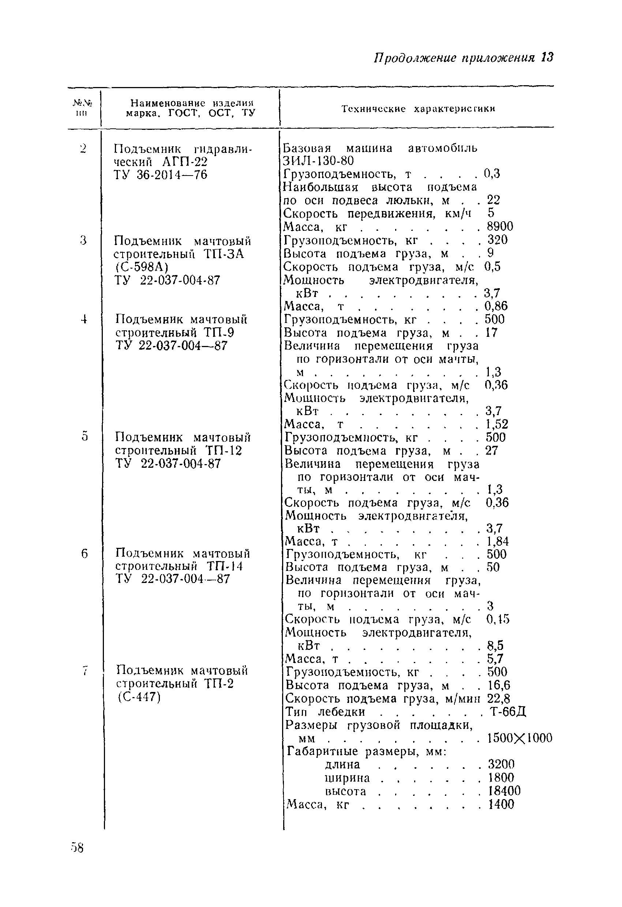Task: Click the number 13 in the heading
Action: point(547,58)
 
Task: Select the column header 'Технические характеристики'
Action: point(418,109)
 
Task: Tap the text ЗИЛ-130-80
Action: point(318,161)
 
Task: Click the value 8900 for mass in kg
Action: point(500,226)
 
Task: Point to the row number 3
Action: point(83,240)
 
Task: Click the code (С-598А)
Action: point(142,267)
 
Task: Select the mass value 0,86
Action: point(496,306)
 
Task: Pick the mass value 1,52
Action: point(497,424)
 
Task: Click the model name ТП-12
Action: point(224,450)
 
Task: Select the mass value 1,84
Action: point(498,541)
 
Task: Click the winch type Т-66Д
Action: point(508,711)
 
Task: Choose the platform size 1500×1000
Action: point(520,738)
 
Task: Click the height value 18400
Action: point(505,791)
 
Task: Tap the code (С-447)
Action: point(139,697)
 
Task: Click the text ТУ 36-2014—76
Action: point(161,174)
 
